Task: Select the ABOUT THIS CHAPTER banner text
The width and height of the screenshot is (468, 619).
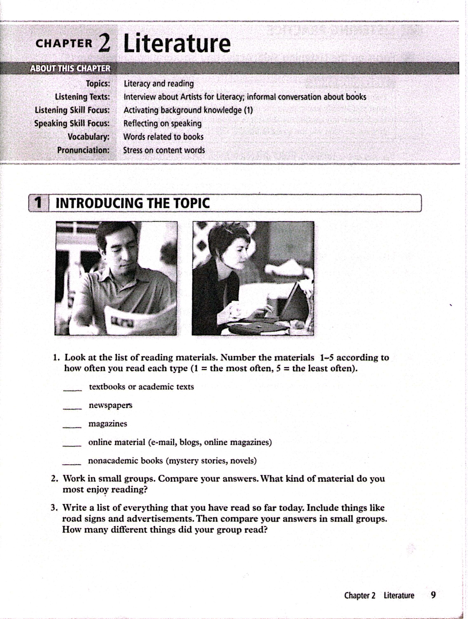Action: coord(70,68)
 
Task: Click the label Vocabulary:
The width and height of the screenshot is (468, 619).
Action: coord(88,137)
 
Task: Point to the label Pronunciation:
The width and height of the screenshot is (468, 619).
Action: coord(83,150)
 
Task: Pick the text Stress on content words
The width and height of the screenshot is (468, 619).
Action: coord(164,150)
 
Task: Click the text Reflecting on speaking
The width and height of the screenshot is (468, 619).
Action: coord(162,123)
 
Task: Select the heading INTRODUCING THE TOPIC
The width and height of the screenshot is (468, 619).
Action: coord(133,203)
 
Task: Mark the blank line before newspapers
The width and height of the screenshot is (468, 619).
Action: coord(72,409)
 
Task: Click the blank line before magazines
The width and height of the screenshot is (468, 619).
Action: coord(72,427)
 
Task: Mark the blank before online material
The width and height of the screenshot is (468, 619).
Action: coord(72,446)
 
